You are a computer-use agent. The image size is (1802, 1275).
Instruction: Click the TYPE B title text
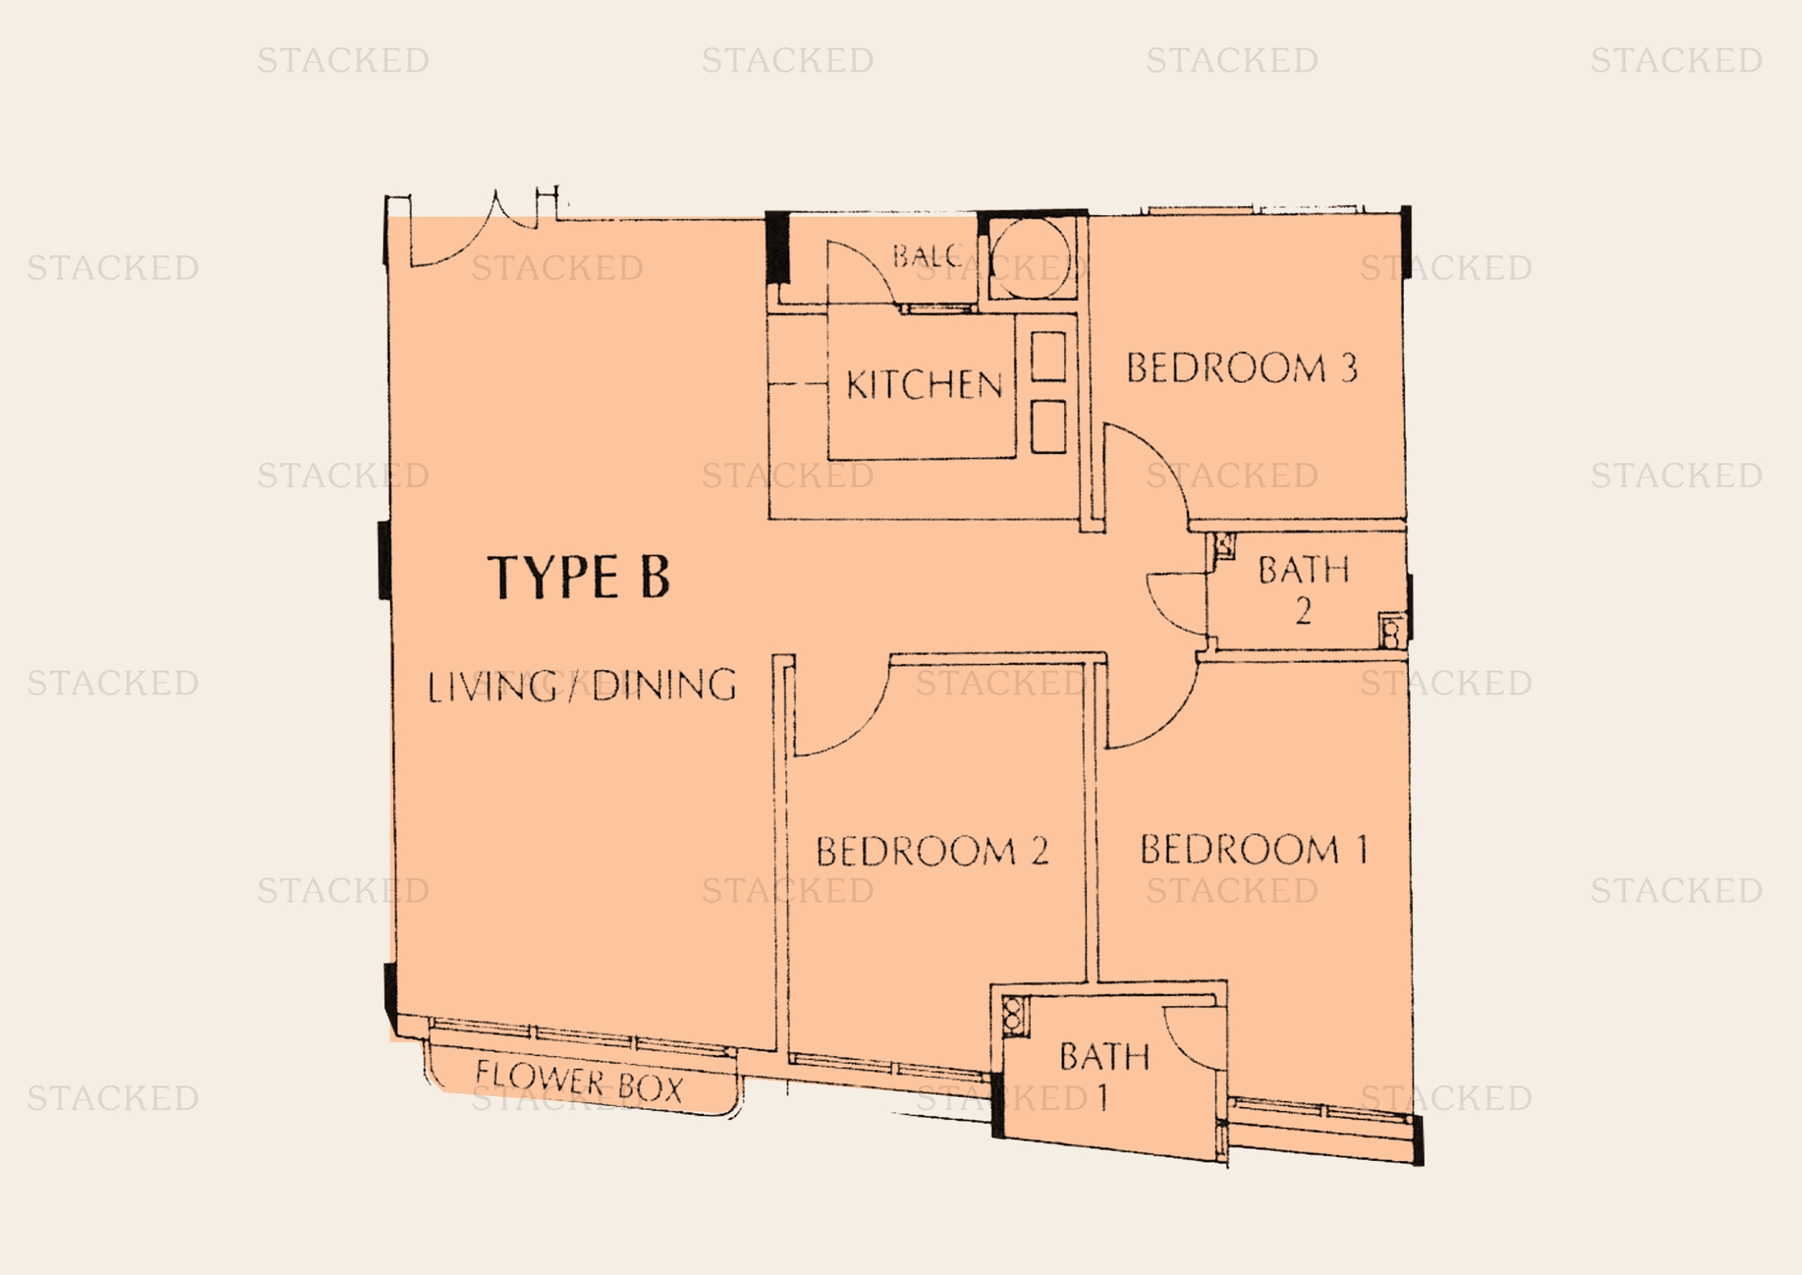[x=579, y=577]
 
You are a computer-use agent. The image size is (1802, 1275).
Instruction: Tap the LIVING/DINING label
[x=582, y=685]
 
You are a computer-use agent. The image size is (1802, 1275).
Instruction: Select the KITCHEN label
[x=924, y=385]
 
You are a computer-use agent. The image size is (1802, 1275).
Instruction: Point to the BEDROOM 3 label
[x=1242, y=368]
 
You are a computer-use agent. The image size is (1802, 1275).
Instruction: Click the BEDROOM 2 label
[x=932, y=851]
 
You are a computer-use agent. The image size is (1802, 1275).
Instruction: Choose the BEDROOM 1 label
[x=1253, y=849]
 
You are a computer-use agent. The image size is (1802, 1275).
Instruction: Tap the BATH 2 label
[x=1304, y=589]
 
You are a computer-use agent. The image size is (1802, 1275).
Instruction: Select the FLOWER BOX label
[x=579, y=1082]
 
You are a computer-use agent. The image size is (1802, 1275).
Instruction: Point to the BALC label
[x=927, y=255]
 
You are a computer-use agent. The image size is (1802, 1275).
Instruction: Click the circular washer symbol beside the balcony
[x=1030, y=257]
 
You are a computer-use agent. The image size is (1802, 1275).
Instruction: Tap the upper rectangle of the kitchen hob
[x=1048, y=356]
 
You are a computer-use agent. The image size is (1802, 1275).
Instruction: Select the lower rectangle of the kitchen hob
[x=1048, y=427]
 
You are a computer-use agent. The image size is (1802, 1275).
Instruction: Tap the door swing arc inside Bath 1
[x=1181, y=1048]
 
